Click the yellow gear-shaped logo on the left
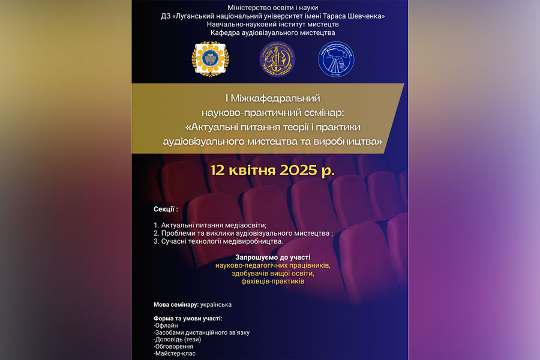210,59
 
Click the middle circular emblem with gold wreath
277,59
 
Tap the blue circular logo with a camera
336,59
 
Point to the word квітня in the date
256,169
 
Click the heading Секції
166,209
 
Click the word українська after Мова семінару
216,305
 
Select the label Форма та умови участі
188,318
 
